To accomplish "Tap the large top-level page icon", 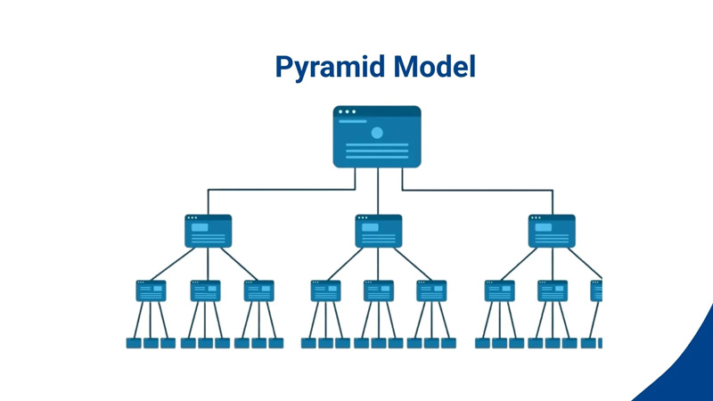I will click(377, 138).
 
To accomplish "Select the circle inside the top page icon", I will click(377, 133).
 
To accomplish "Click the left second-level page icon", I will click(208, 231).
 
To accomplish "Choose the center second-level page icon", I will click(378, 231).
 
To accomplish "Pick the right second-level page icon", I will click(552, 231).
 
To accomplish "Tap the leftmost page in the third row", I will click(151, 291).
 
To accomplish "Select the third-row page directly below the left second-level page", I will click(205, 291).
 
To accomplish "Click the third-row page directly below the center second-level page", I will click(378, 291).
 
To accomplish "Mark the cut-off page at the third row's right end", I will click(597, 291).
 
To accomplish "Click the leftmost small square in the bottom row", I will click(134, 342).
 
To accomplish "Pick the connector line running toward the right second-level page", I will click(481, 189).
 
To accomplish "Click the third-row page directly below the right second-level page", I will click(552, 291).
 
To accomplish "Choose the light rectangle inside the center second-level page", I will click(370, 228).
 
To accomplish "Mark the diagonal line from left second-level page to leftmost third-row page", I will click(174, 264).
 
